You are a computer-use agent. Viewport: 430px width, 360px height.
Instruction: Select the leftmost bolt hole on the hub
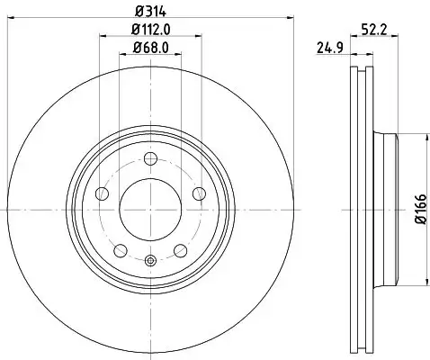point(102,194)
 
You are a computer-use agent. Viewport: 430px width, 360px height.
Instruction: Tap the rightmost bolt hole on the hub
point(198,194)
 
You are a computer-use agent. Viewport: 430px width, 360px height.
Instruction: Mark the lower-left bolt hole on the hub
point(120,249)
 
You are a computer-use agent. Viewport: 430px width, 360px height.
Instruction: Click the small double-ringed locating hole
point(150,262)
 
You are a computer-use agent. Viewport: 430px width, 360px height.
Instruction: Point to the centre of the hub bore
point(150,209)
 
